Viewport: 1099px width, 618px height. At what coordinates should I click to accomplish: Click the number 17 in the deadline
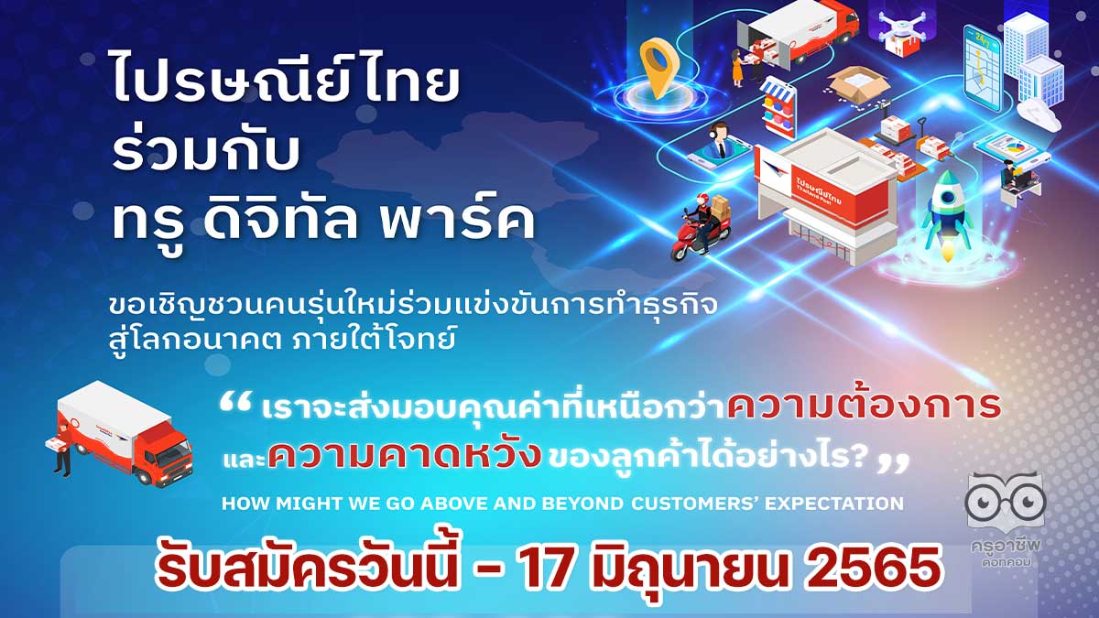[x=546, y=568]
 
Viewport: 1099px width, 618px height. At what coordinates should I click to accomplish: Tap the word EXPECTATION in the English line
[x=834, y=504]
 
